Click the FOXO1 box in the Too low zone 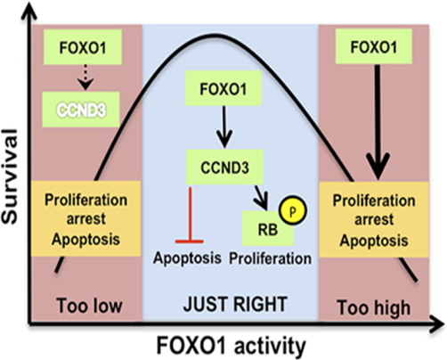click(x=83, y=47)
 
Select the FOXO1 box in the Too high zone click(x=374, y=46)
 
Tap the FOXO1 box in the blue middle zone click(x=223, y=88)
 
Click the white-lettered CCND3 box click(x=81, y=110)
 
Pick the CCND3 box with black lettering click(x=224, y=167)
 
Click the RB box click(x=268, y=229)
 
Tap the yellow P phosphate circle click(x=293, y=210)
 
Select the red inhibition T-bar click(x=190, y=215)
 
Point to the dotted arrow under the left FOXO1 click(x=85, y=78)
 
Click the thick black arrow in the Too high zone click(x=378, y=122)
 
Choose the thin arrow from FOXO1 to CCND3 click(x=224, y=127)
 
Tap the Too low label click(x=89, y=306)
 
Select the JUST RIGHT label click(x=235, y=304)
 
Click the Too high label click(x=374, y=308)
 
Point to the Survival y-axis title click(x=10, y=176)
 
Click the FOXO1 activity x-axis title click(x=231, y=346)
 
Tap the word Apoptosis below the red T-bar click(x=187, y=258)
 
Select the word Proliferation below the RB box click(x=270, y=258)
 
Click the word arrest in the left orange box click(x=85, y=219)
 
